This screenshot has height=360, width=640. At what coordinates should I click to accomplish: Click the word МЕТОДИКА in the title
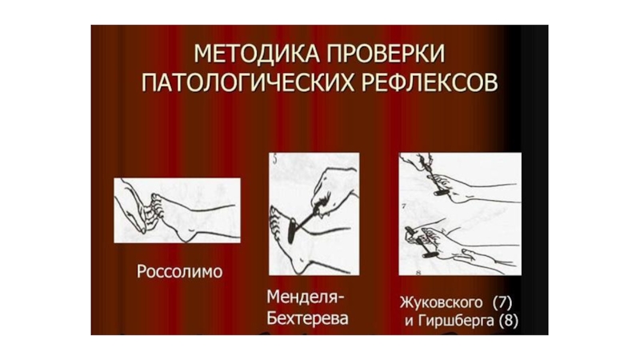pos(255,54)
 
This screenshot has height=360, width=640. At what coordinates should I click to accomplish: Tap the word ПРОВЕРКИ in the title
pos(385,54)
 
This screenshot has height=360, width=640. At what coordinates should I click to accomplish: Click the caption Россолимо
pos(179,271)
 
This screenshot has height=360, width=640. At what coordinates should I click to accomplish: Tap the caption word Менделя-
pos(306,297)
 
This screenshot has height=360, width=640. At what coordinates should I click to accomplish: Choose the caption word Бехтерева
pos(307,318)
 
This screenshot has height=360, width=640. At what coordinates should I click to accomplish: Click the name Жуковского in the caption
pos(442,303)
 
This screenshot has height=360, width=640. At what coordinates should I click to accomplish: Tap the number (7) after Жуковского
pos(502,303)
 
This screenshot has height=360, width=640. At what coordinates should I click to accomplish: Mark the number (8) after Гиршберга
pos(509,321)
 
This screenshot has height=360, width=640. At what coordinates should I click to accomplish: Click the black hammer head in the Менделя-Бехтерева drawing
pos(292,230)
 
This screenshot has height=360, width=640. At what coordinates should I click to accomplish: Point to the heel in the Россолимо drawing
pos(186,235)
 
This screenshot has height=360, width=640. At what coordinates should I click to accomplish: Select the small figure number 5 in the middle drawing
pos(274,159)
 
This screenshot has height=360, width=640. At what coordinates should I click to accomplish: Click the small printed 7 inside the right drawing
pos(403,206)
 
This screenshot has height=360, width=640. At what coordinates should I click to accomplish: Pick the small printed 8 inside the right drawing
pos(418,273)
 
